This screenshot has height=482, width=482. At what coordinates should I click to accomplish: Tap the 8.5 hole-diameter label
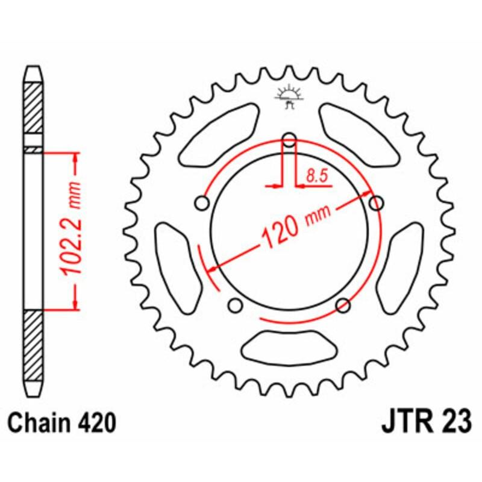tap(316, 176)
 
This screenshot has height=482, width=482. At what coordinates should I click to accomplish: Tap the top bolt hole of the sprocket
tap(289, 141)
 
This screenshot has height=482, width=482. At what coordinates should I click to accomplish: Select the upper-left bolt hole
tap(202, 204)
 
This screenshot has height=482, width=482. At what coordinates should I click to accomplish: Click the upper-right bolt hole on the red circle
tap(377, 203)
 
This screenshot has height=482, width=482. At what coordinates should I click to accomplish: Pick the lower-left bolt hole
tap(236, 305)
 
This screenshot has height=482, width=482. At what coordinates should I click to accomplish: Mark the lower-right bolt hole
tap(343, 305)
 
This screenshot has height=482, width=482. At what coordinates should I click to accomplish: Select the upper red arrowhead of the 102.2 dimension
tap(76, 158)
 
